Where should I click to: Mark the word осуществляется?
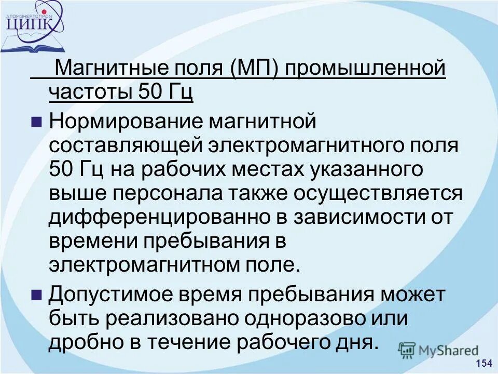point(378,193)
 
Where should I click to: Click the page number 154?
point(483,363)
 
